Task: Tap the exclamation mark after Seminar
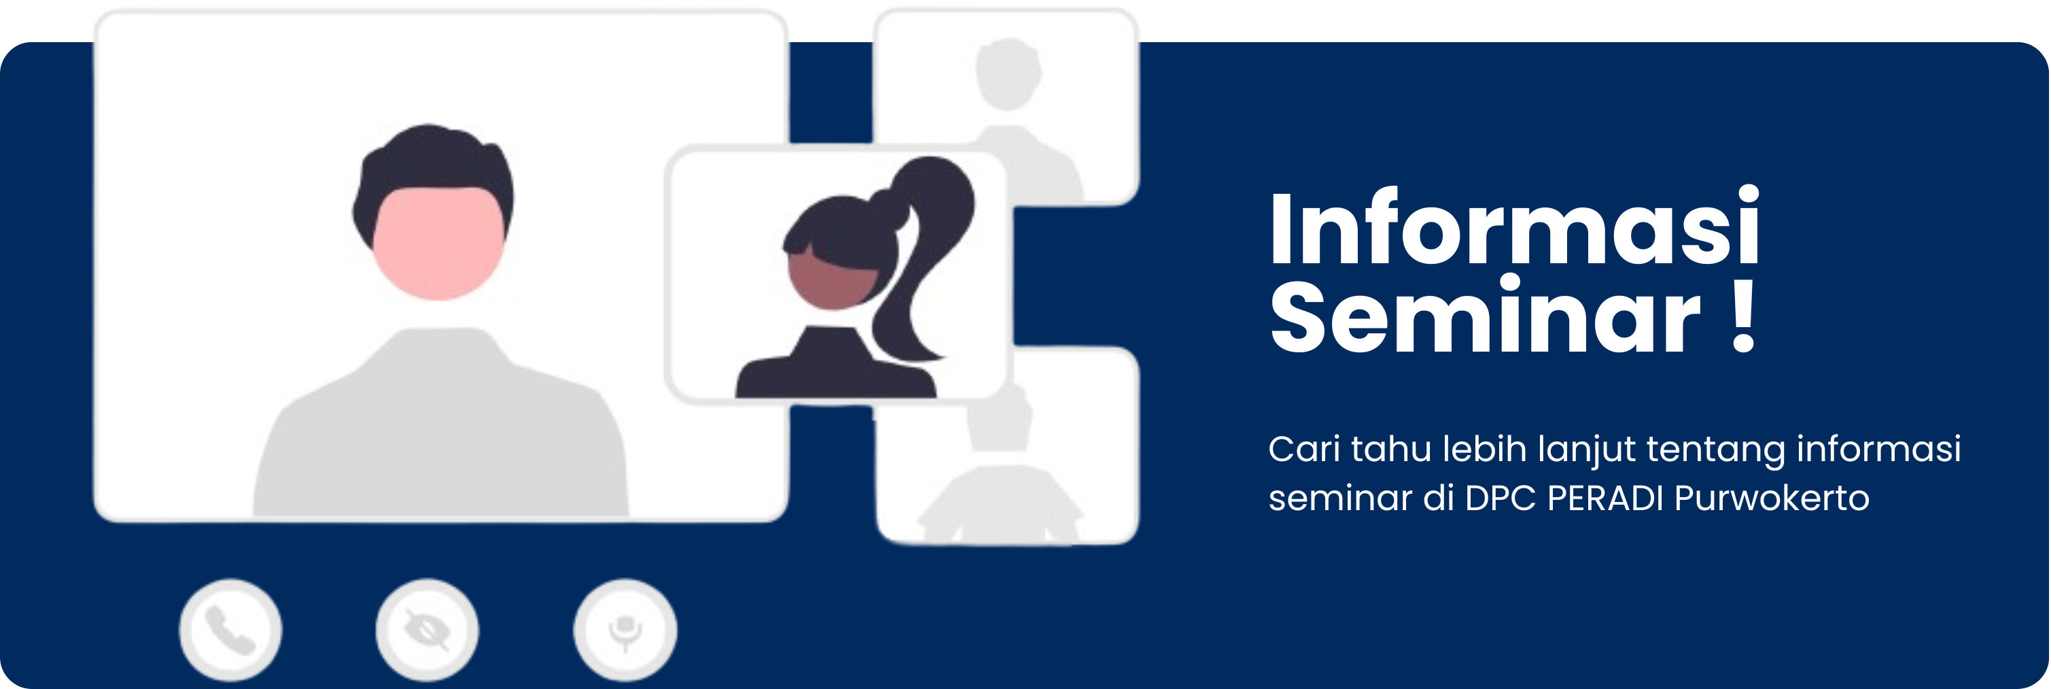(x=1743, y=317)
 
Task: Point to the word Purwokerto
(x=1771, y=499)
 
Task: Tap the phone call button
(x=230, y=630)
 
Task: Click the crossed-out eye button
(x=427, y=630)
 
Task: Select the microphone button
(x=625, y=630)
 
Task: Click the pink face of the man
(x=438, y=243)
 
